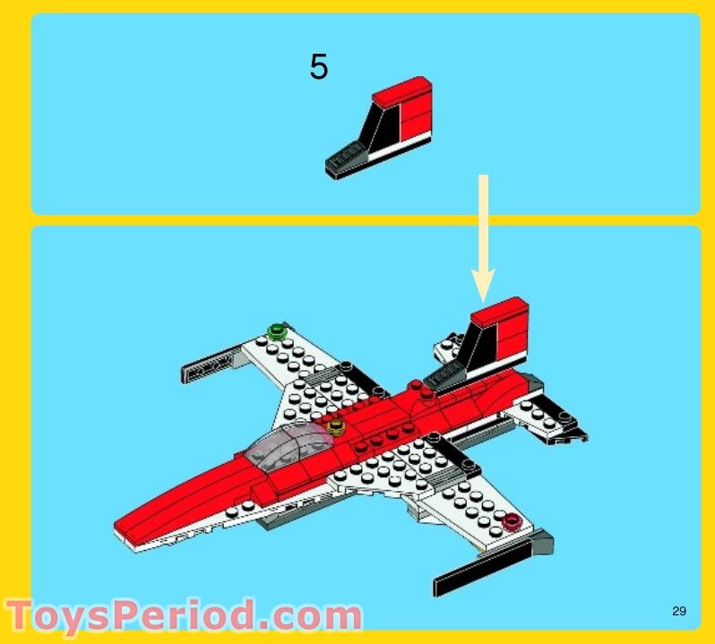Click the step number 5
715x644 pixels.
coord(319,67)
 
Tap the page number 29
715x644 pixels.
coord(678,612)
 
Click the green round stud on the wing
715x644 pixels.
coord(277,332)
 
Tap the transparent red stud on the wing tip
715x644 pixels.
coord(512,522)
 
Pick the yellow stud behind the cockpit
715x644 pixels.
coord(336,425)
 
